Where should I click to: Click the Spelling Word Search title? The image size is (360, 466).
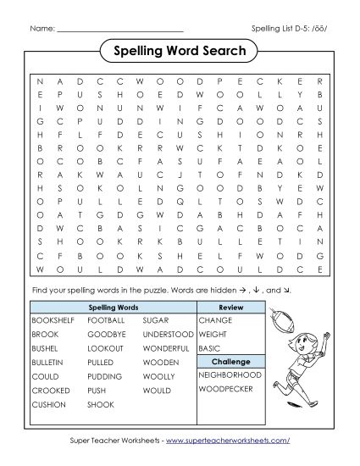180,52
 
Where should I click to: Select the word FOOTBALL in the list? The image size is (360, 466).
106,321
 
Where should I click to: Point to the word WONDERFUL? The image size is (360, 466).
165,348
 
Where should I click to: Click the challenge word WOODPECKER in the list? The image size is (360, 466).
226,389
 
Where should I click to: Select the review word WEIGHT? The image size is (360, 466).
213,335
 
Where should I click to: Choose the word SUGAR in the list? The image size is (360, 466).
155,321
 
